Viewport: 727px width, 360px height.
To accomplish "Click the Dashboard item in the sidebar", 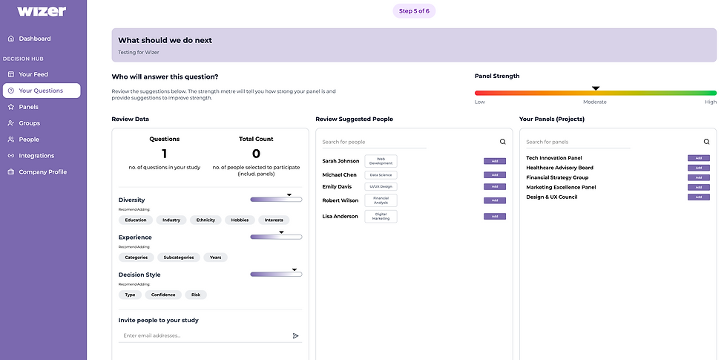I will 34,39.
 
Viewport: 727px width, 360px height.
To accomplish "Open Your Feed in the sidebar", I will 33,74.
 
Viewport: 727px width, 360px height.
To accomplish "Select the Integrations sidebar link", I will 36,156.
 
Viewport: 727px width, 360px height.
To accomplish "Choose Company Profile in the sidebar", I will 42,172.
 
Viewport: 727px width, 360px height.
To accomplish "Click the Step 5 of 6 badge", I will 414,11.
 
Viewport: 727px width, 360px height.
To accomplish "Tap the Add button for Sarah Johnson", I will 494,161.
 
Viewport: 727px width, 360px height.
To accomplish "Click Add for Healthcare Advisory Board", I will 698,168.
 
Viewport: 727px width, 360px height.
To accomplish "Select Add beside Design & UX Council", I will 698,197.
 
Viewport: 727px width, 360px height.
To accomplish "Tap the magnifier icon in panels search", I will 706,142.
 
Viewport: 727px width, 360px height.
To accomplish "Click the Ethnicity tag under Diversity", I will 205,220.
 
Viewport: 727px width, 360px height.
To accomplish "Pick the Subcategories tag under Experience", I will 178,258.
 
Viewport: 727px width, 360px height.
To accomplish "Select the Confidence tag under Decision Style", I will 163,295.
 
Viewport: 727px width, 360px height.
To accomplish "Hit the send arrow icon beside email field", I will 296,336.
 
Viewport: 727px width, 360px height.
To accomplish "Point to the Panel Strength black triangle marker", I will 596,88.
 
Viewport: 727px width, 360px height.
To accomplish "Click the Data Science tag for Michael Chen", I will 381,175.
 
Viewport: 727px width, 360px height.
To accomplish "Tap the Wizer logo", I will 42,11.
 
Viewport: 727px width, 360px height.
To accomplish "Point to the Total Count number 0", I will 256,154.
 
